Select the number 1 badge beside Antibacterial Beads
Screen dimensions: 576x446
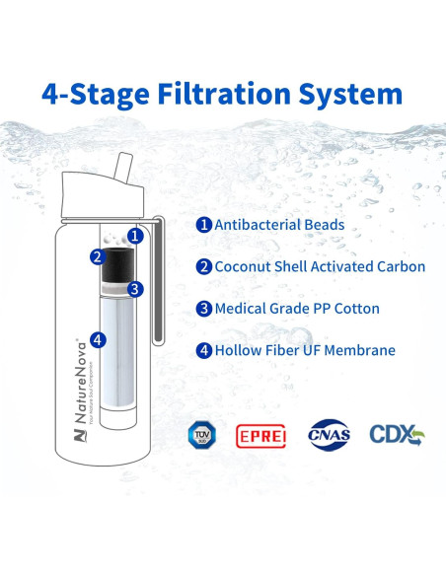click(203, 225)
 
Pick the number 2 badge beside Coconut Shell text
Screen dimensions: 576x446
click(203, 266)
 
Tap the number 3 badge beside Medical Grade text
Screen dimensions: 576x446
click(203, 309)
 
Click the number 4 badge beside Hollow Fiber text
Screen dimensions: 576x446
click(203, 350)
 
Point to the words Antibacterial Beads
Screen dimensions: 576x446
click(279, 225)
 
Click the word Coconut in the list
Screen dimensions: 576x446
click(246, 266)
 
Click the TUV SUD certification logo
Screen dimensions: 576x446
click(200, 433)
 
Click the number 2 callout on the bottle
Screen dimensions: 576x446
click(97, 257)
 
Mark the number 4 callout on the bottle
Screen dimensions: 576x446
click(97, 339)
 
